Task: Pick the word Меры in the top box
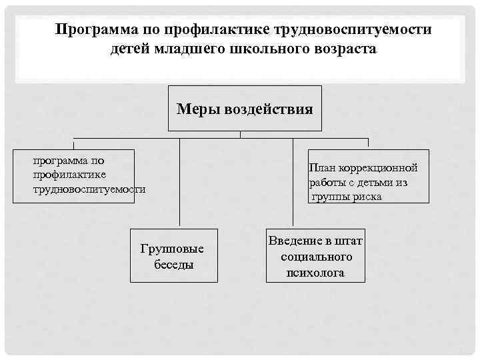[x=195, y=109]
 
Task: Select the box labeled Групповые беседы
[x=173, y=257]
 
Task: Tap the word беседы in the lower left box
[x=173, y=265]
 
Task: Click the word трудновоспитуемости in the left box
[x=89, y=189]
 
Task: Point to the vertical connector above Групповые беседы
[x=179, y=183]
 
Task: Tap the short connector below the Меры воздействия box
[x=240, y=134]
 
